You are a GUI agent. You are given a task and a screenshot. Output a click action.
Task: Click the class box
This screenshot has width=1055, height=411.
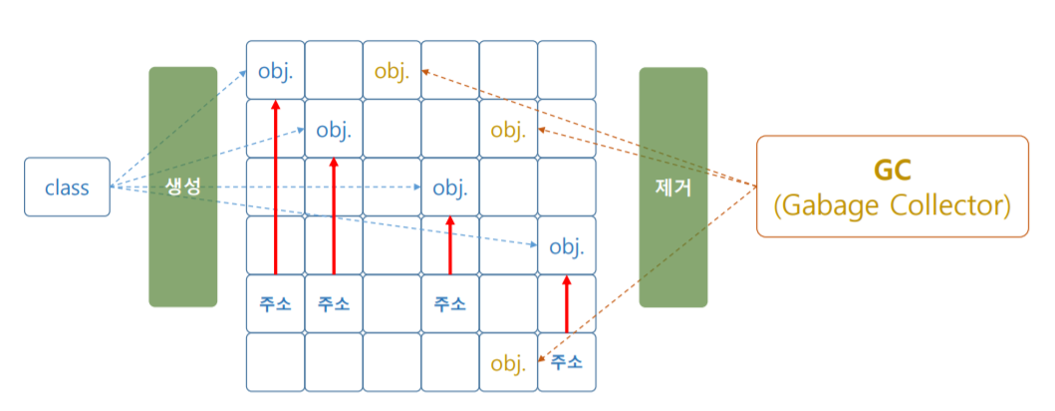pyautogui.click(x=67, y=187)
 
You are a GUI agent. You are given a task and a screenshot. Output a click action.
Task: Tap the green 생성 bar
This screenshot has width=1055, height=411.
pyautogui.click(x=182, y=187)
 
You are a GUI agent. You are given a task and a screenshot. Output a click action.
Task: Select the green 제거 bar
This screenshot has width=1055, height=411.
pyautogui.click(x=672, y=187)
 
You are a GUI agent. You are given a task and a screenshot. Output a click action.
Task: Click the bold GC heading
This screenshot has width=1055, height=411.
pyautogui.click(x=892, y=169)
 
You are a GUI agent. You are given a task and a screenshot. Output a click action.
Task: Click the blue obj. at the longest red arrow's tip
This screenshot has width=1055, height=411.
pyautogui.click(x=275, y=71)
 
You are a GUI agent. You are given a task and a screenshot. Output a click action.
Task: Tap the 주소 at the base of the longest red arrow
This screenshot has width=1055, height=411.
pyautogui.click(x=275, y=304)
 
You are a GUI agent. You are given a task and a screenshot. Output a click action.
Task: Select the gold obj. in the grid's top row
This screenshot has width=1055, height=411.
pyautogui.click(x=392, y=71)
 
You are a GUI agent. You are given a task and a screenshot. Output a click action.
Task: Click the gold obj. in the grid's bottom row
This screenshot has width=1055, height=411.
pyautogui.click(x=508, y=363)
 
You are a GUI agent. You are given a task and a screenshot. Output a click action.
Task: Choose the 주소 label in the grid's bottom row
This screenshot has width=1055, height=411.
pyautogui.click(x=566, y=363)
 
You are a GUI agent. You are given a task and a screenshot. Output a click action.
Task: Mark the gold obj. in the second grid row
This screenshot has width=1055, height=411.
pyautogui.click(x=508, y=130)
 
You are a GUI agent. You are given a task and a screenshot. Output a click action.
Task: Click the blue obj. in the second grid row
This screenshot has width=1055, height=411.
pyautogui.click(x=334, y=130)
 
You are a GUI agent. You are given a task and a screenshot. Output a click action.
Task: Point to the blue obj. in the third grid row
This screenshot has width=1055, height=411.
pyautogui.click(x=449, y=188)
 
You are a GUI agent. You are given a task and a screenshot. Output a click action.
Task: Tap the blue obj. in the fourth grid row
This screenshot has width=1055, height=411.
pyautogui.click(x=566, y=246)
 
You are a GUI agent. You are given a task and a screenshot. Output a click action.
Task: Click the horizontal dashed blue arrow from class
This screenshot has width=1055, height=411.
pyautogui.click(x=269, y=187)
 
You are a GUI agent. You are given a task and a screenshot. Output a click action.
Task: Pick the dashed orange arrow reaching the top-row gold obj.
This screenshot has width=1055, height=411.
pyautogui.click(x=588, y=126)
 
